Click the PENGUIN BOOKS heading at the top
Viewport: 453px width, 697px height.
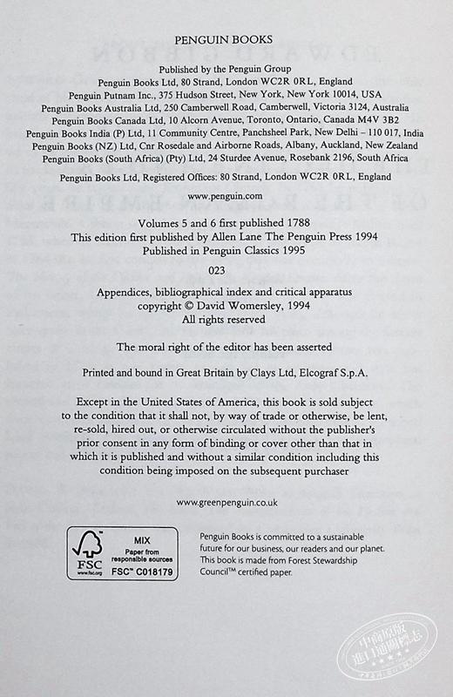click(226, 38)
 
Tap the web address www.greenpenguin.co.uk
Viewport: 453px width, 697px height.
click(226, 503)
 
